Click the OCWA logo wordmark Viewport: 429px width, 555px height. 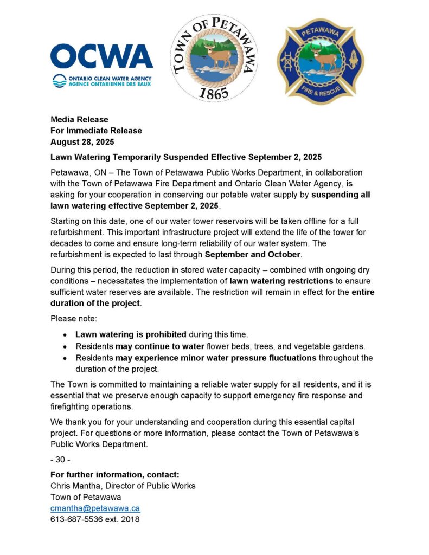pos(101,56)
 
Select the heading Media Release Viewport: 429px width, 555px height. pos(79,119)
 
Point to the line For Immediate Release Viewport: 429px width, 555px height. pos(96,131)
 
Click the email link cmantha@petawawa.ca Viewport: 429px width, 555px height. pos(95,508)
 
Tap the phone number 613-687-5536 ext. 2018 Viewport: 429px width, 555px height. pos(95,519)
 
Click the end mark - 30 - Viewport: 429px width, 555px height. pos(60,460)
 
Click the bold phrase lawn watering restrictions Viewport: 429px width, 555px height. pos(281,281)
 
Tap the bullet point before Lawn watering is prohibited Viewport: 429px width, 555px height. pos(65,334)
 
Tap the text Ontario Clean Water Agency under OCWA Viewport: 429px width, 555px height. pos(110,78)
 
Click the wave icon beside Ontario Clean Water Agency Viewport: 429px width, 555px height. pos(59,81)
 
